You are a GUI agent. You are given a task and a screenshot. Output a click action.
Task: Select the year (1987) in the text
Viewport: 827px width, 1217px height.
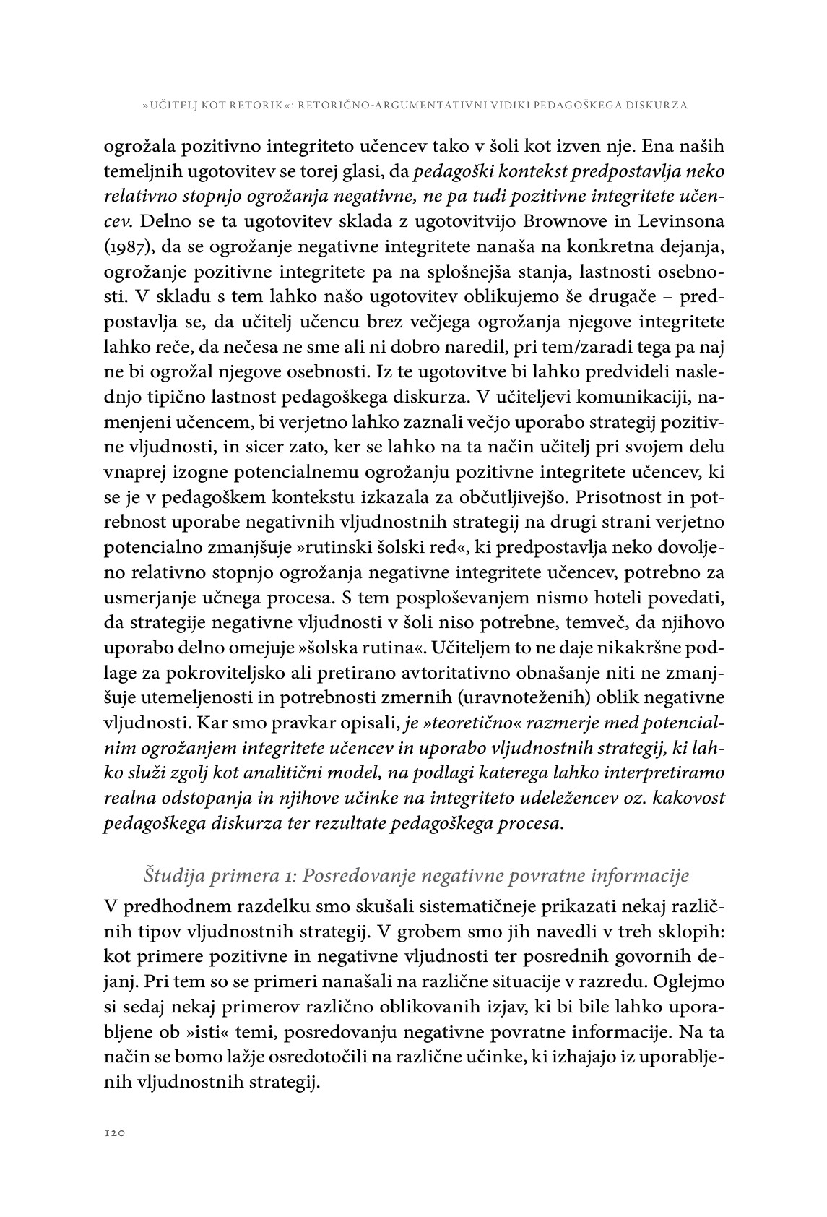click(128, 247)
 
